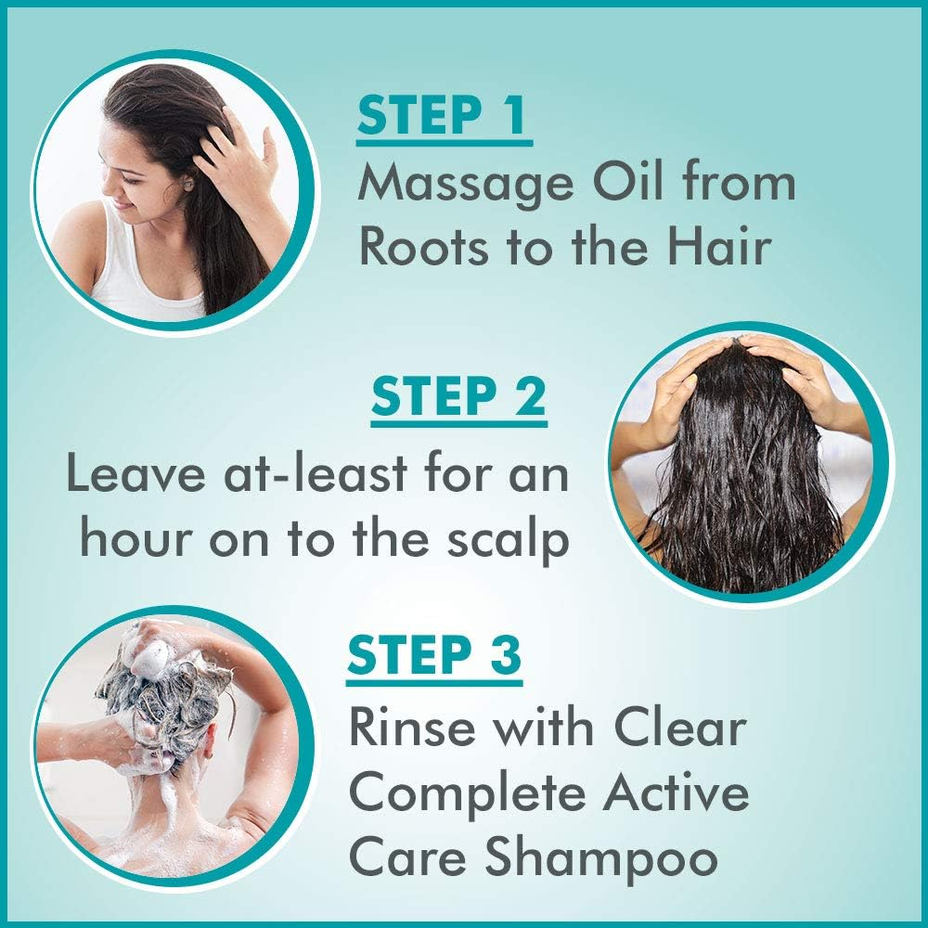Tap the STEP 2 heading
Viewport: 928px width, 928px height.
[458, 399]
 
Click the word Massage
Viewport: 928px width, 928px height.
[460, 184]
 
